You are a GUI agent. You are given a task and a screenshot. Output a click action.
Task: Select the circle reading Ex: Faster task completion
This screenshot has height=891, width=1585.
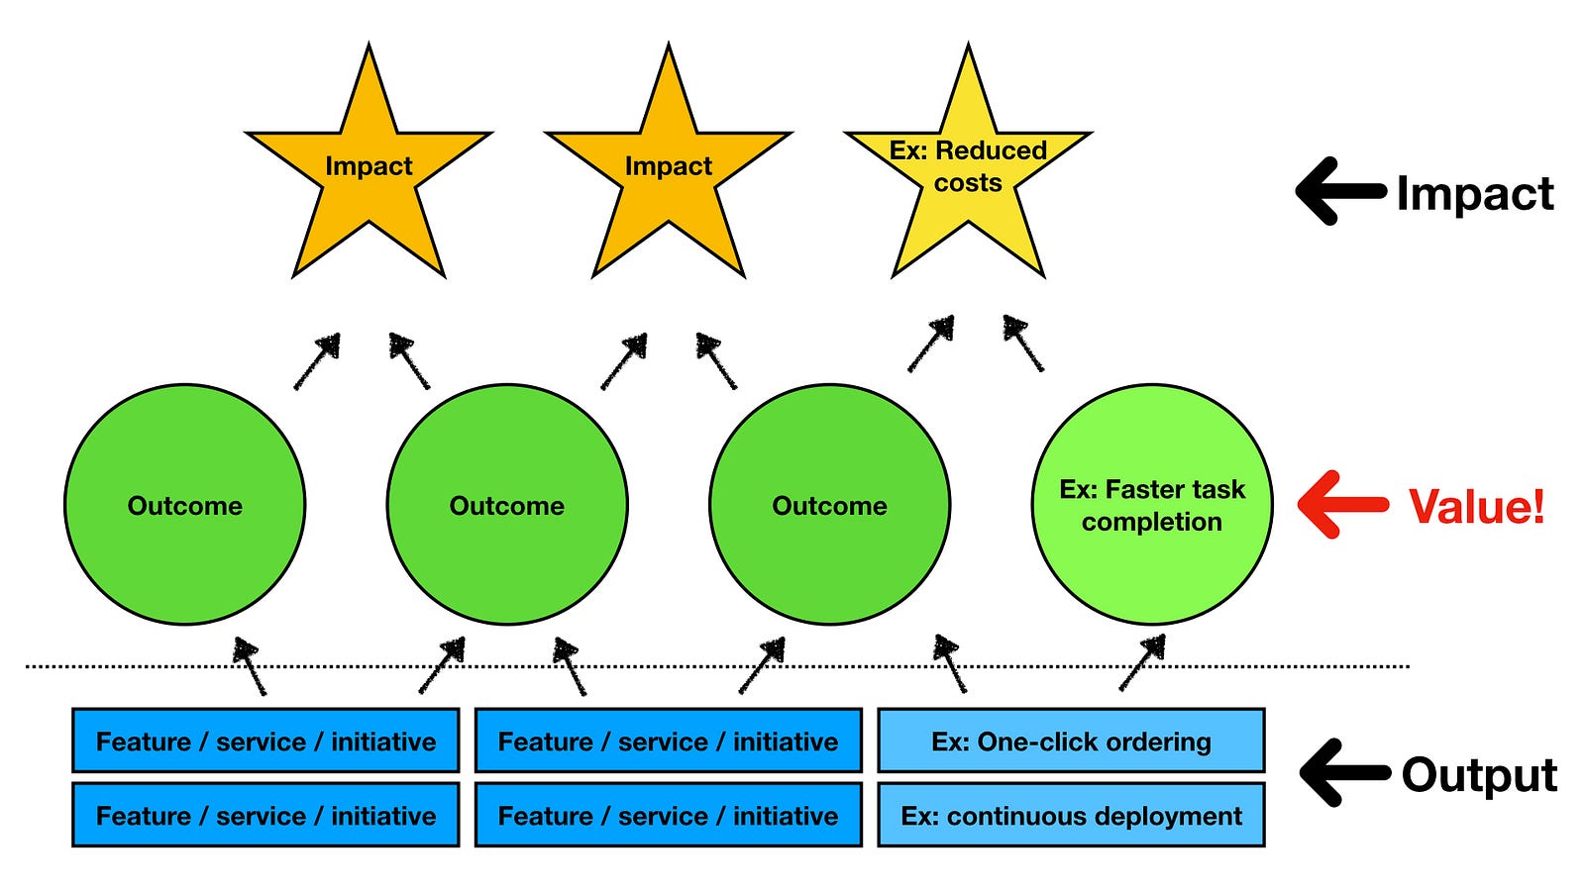pos(1152,505)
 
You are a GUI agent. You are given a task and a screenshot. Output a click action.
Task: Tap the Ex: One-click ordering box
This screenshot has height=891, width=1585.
pos(1071,741)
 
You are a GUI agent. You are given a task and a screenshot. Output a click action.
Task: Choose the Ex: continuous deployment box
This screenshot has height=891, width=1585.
pos(1071,815)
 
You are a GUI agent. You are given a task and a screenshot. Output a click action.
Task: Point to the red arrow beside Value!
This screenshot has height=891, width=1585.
pos(1342,504)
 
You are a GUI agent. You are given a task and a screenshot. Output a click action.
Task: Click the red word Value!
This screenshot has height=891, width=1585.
pos(1476,506)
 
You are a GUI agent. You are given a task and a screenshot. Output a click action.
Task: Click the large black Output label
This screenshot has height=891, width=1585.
pos(1479,776)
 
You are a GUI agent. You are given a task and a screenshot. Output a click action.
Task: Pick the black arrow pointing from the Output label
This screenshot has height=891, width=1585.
pos(1344,773)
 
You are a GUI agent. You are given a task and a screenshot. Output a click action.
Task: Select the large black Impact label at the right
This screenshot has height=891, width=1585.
pos(1475,193)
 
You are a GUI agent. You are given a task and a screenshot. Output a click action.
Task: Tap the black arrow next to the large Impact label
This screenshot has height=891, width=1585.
pos(1341,191)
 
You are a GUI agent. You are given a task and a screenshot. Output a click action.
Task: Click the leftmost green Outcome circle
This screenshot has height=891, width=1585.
pos(184,505)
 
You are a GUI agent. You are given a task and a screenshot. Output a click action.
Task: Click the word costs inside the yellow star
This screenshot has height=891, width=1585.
pos(968,183)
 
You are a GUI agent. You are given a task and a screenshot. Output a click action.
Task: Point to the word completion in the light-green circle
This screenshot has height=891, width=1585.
pos(1152,523)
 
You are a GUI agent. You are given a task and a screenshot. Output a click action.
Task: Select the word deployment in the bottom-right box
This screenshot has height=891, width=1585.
pos(1160,817)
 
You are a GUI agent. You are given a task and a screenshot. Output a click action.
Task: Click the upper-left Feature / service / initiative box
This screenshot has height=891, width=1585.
pos(265,741)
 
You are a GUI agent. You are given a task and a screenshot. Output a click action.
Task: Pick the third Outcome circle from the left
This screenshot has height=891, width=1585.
pos(829,505)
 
